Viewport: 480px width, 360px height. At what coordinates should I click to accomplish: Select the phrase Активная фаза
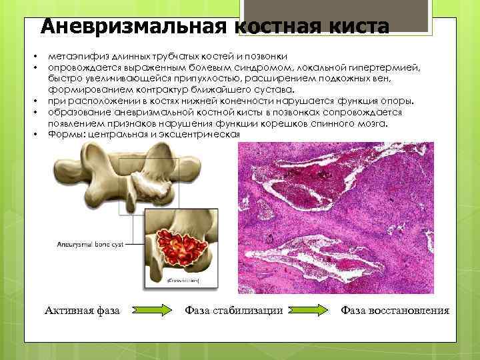82,311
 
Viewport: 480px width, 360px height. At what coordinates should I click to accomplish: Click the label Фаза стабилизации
233,311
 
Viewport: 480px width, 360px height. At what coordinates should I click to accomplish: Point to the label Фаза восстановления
395,311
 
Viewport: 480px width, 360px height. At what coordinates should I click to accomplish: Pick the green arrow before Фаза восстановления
310,311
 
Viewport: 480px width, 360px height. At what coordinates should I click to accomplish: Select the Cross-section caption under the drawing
183,282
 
